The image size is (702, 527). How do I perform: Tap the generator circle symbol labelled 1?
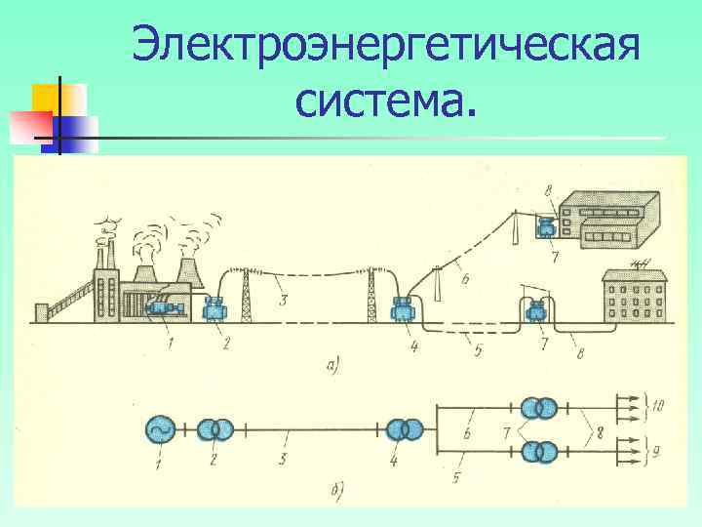[x=158, y=429]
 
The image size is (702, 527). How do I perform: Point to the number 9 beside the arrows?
[x=658, y=452]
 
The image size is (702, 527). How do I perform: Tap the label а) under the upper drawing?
[x=334, y=367]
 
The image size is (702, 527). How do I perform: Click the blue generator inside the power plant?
[x=162, y=307]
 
